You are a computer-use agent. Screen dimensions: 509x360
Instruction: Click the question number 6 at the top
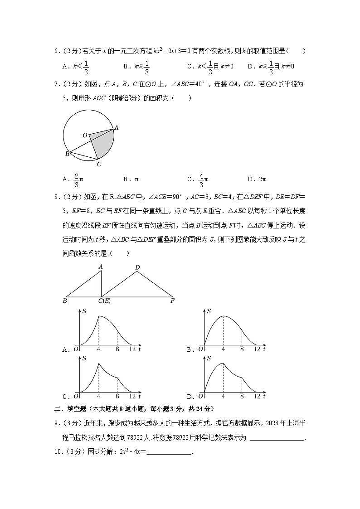(57, 51)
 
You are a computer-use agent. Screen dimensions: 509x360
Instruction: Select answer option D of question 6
(271, 66)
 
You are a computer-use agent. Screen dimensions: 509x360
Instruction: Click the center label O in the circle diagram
(85, 135)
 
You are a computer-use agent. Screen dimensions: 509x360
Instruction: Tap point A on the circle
(116, 128)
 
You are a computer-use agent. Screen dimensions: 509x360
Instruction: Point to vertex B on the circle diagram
(67, 154)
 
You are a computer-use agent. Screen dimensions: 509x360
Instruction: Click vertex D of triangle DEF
(137, 267)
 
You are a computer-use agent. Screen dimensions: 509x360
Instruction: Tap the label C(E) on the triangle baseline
(104, 301)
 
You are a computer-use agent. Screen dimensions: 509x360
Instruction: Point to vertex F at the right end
(172, 301)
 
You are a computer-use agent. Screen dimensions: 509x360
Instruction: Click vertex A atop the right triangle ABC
(101, 267)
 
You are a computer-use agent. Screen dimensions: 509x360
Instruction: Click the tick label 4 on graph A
(99, 349)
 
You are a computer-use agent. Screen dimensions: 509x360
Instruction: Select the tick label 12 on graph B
(257, 349)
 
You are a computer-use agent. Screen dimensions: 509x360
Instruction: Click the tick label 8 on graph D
(242, 396)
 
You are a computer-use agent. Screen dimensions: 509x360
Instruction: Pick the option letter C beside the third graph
(65, 396)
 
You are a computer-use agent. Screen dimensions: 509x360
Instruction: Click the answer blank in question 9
(277, 438)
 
